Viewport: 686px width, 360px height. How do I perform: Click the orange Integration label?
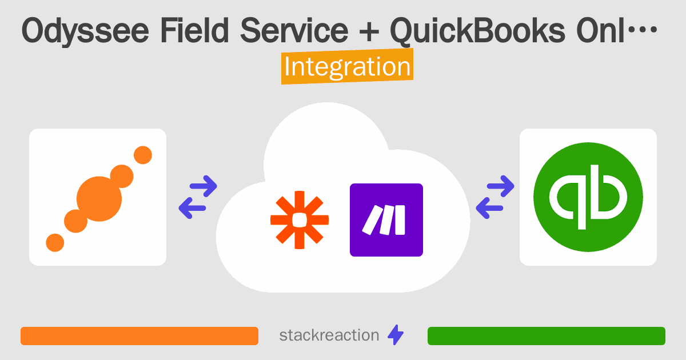point(347,67)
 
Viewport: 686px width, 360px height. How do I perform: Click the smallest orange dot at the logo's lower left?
point(55,242)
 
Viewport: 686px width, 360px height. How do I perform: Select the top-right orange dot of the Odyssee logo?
point(142,154)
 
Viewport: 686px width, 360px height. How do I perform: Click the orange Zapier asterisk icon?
point(300,219)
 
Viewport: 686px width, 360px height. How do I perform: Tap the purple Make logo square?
point(386,219)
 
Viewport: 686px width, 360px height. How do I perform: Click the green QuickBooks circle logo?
point(588,197)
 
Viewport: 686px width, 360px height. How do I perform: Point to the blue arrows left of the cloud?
point(198,197)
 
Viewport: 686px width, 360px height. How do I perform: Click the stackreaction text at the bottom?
point(329,335)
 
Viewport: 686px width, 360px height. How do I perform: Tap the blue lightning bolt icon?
point(396,335)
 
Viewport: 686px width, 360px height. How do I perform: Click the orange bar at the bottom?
point(139,336)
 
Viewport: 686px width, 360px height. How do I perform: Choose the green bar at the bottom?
point(546,336)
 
